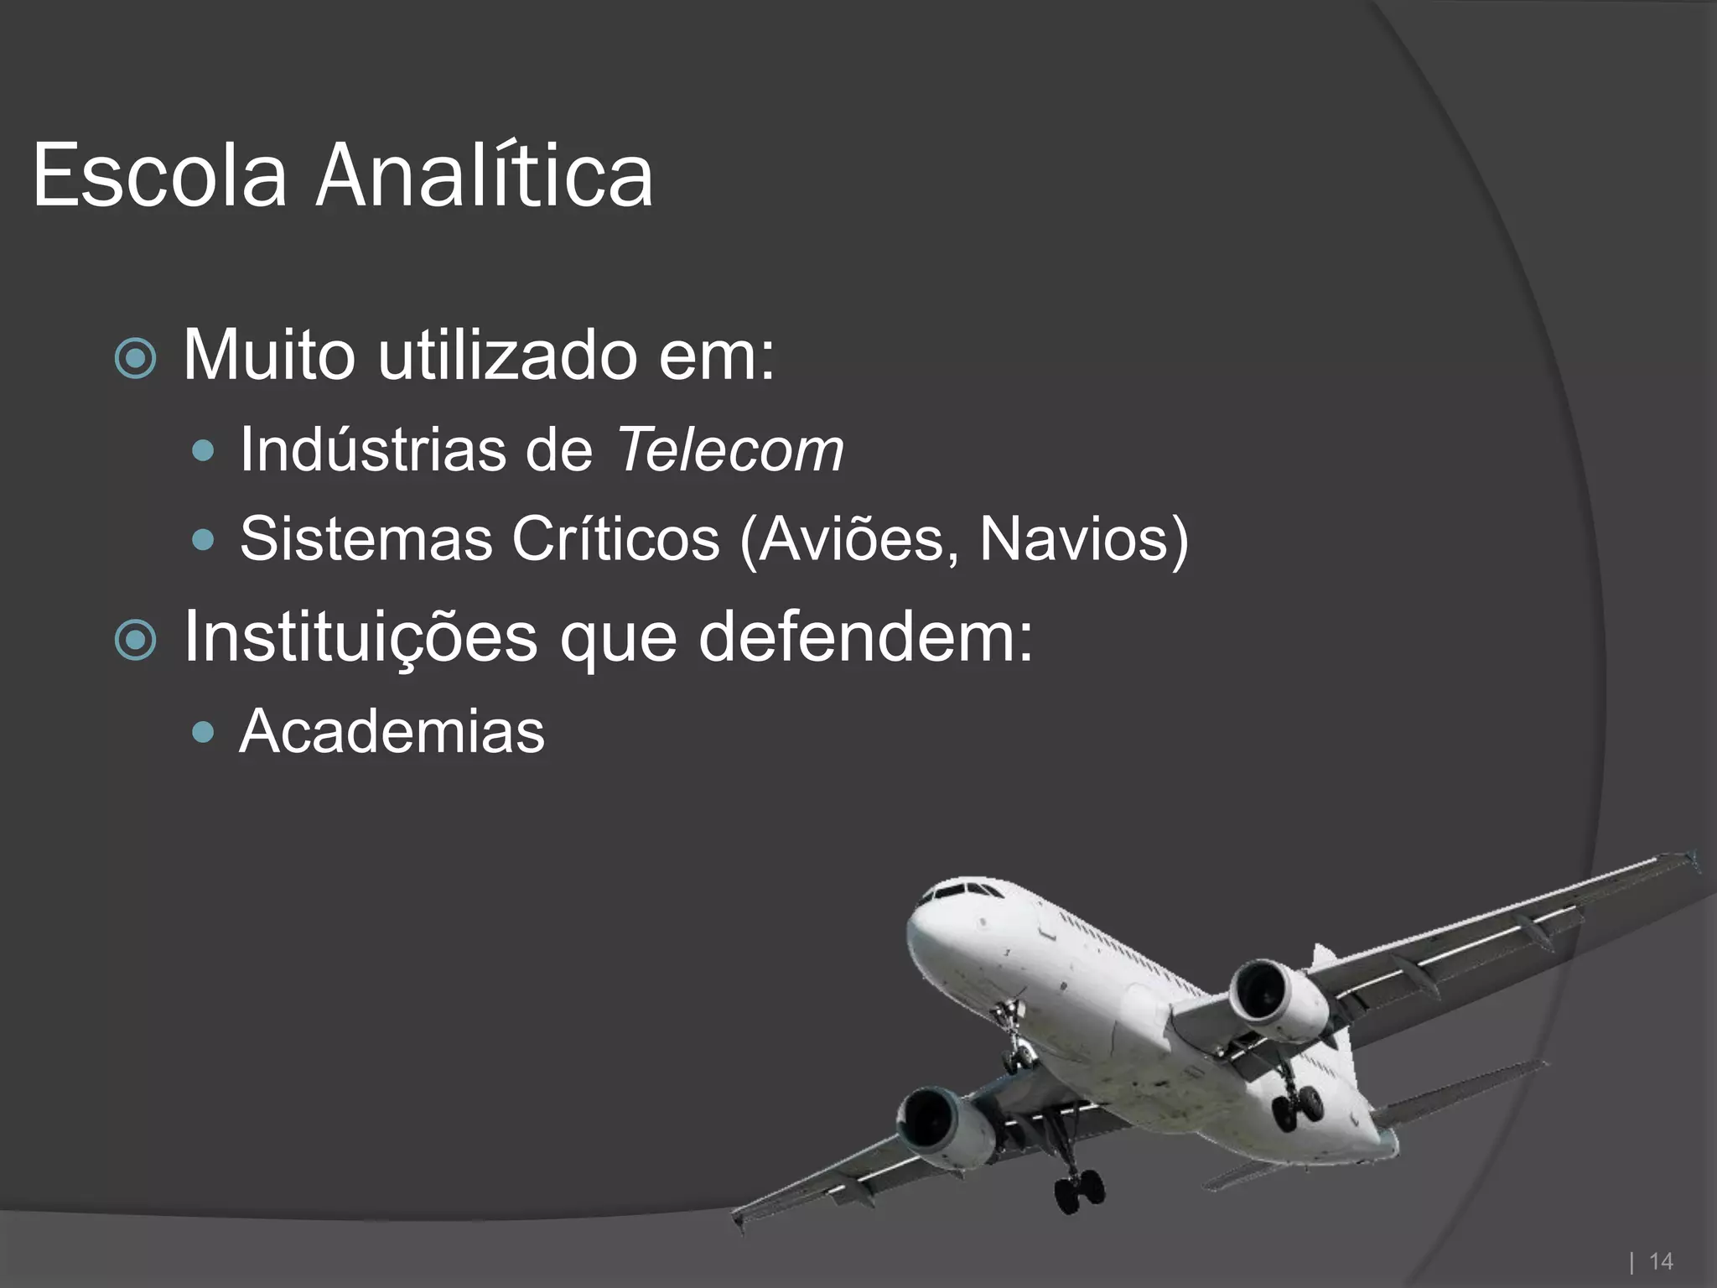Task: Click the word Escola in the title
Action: (x=159, y=176)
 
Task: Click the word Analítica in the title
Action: (x=484, y=176)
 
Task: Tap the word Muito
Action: (x=268, y=356)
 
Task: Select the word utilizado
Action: (x=506, y=356)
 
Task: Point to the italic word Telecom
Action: (x=729, y=450)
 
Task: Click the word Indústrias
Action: (x=373, y=450)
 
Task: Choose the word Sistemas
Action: (x=366, y=538)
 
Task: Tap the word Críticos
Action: (x=615, y=538)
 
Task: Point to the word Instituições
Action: (x=360, y=637)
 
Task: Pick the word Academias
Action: (x=392, y=732)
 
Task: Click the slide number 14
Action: (x=1660, y=1261)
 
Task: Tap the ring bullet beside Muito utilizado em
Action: (x=135, y=359)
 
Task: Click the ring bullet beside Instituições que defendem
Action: (x=135, y=641)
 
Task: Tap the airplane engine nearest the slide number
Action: (x=1274, y=998)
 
